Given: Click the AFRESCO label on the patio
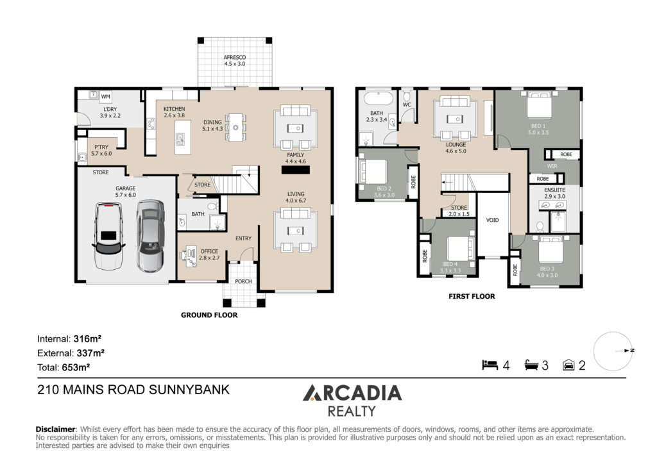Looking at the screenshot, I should pyautogui.click(x=234, y=57).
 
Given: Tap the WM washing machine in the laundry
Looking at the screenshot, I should pyautogui.click(x=106, y=96).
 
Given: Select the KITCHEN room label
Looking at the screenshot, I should pyautogui.click(x=174, y=109).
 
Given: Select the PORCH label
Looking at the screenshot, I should pyautogui.click(x=243, y=281).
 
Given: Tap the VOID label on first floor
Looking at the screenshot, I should pyautogui.click(x=492, y=220).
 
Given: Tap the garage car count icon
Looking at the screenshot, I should pyautogui.click(x=568, y=365).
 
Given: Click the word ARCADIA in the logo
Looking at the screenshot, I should pyautogui.click(x=352, y=393).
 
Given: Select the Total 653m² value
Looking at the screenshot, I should pyautogui.click(x=75, y=367).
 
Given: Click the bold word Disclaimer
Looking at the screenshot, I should pyautogui.click(x=55, y=429).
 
